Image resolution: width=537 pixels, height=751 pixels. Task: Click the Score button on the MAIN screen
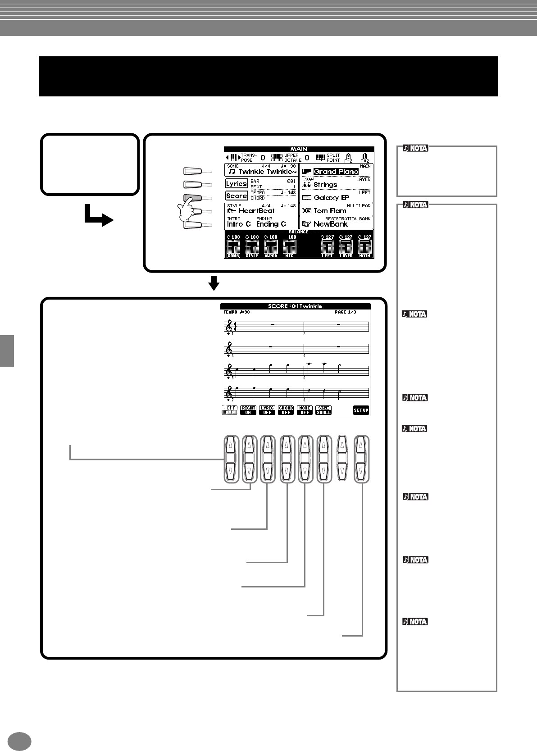coord(237,196)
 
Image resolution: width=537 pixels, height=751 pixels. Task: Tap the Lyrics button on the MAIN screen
coord(237,184)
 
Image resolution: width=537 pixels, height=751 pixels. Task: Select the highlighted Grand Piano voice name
coord(336,172)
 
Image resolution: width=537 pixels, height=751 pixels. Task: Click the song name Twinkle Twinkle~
coord(267,172)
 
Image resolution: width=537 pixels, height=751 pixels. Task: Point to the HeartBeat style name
coord(256,211)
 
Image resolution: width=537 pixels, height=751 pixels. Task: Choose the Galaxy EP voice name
coord(332,198)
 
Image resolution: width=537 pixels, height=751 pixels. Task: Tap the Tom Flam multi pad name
coord(330,211)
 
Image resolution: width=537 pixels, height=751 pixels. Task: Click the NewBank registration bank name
coord(331,224)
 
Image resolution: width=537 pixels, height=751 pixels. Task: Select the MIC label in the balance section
coord(289,255)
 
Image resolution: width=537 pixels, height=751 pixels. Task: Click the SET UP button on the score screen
coord(361,410)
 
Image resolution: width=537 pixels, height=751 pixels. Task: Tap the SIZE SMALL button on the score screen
coord(323,410)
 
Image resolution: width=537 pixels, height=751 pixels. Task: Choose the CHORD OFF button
coord(286,410)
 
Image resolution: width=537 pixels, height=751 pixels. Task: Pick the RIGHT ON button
coord(248,410)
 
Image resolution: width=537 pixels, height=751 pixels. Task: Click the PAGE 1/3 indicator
coord(345,312)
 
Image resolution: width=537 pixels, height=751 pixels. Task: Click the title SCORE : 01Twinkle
coord(295,306)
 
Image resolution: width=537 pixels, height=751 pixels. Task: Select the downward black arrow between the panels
coord(214,283)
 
